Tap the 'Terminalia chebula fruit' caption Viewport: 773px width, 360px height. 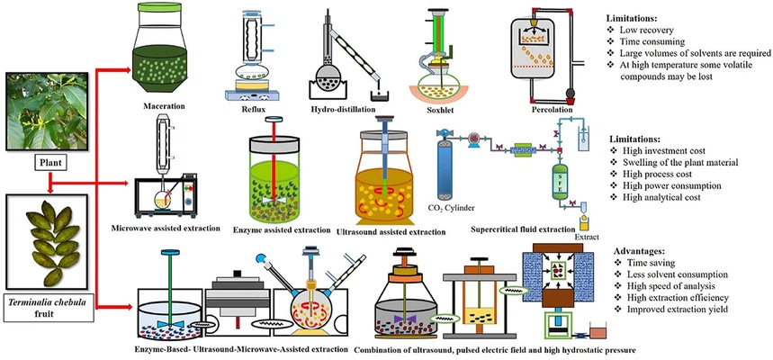coord(47,311)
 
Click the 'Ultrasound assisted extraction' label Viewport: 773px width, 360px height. coord(390,231)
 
